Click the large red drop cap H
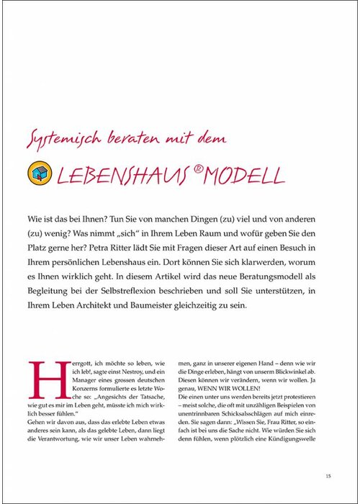point(42,379)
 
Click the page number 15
point(328,475)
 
